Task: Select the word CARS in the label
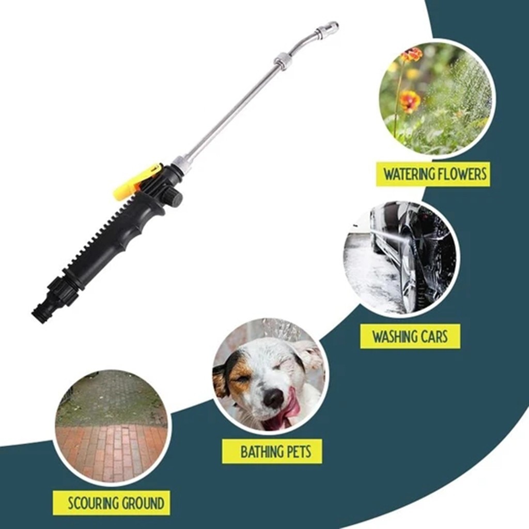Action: click(435, 337)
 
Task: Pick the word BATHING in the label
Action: click(262, 452)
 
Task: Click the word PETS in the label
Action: click(300, 452)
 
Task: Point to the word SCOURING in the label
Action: click(94, 503)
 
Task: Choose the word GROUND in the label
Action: click(143, 503)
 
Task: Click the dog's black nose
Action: click(274, 398)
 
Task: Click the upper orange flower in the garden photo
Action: click(412, 55)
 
